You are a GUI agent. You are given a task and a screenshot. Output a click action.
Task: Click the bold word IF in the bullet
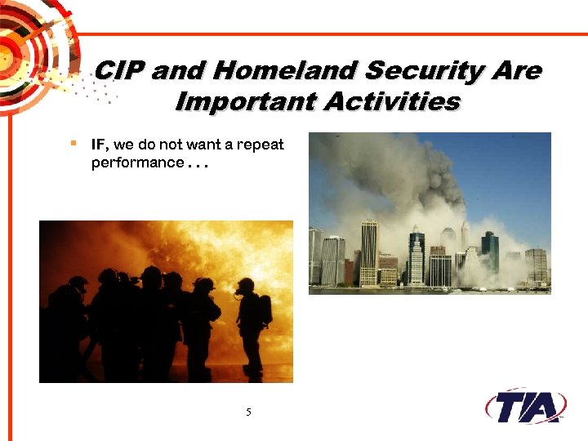100,145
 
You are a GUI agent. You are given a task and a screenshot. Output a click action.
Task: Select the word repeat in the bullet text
260,145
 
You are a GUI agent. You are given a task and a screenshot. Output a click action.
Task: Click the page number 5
248,412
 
